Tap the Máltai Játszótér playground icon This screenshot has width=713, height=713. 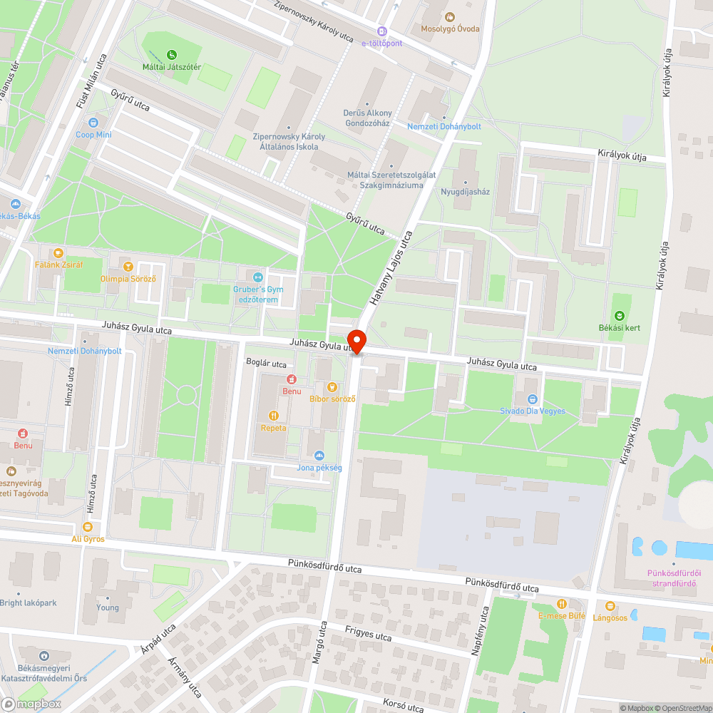coord(171,54)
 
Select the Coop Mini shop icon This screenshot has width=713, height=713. coord(93,122)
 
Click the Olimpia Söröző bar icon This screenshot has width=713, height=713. coord(128,267)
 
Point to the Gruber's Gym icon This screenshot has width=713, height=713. coord(258,277)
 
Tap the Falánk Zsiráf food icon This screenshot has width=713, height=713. coord(58,252)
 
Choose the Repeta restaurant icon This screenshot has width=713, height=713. coord(273,415)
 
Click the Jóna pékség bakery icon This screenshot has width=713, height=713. coord(319,455)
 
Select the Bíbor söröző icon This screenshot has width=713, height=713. coord(332,386)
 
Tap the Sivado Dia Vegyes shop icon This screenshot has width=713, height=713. coord(532,399)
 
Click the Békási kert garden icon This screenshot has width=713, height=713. coord(619,315)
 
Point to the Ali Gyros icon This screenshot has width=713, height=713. coord(88,527)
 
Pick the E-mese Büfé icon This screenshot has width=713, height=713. coord(562,603)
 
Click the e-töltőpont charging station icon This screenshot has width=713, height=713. coord(382,31)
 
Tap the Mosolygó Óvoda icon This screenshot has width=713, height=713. coord(449,16)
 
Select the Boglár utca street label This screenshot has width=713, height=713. coord(266,363)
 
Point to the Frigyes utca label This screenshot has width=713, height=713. coord(368,633)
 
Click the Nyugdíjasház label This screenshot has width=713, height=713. coord(465,192)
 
